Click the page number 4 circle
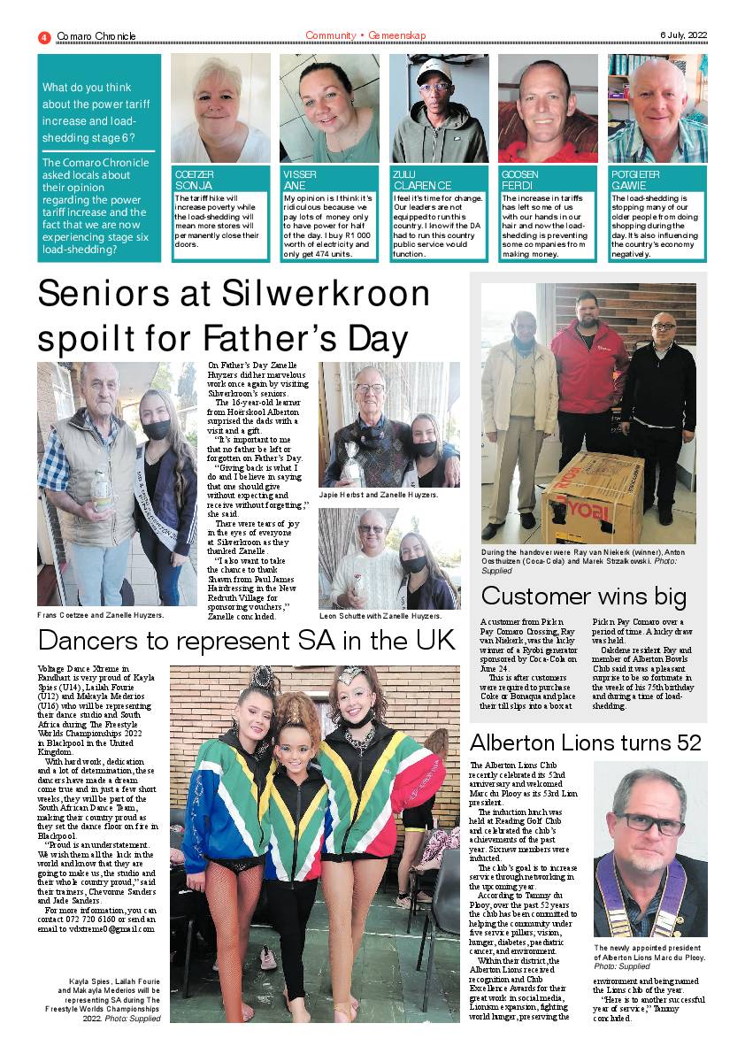click(43, 36)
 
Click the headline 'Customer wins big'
click(583, 596)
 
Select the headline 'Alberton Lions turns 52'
click(585, 742)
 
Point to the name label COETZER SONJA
click(194, 181)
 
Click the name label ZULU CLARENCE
click(422, 181)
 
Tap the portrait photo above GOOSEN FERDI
click(548, 108)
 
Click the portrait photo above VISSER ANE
click(329, 108)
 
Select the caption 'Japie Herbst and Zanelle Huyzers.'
click(379, 496)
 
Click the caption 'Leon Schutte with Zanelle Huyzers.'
click(380, 616)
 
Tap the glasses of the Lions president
click(649, 821)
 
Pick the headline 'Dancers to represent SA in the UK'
click(246, 640)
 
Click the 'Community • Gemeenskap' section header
click(365, 35)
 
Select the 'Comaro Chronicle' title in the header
click(96, 36)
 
